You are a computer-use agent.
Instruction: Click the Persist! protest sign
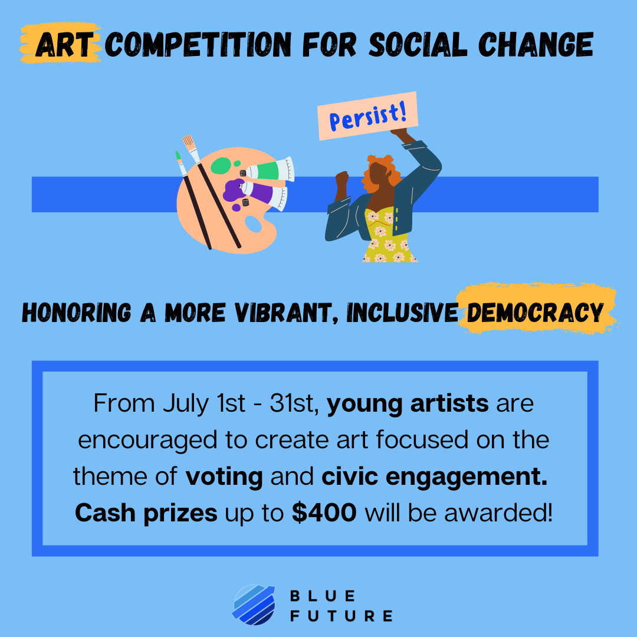click(x=367, y=116)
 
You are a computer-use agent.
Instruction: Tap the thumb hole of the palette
click(x=253, y=224)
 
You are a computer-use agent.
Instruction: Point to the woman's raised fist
click(x=342, y=178)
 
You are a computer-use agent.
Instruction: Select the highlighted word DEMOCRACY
click(x=535, y=313)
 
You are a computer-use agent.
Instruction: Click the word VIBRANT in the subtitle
click(x=287, y=313)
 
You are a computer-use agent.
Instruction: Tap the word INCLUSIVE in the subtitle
click(x=402, y=313)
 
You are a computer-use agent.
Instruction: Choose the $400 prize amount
click(x=324, y=513)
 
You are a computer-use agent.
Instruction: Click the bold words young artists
click(x=408, y=403)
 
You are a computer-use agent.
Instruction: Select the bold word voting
click(x=224, y=477)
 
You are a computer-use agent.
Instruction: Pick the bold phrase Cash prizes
click(x=146, y=513)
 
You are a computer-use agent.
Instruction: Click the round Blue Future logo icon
click(x=254, y=605)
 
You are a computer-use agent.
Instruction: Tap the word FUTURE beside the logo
click(x=342, y=616)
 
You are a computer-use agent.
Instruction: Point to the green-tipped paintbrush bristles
click(x=178, y=155)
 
